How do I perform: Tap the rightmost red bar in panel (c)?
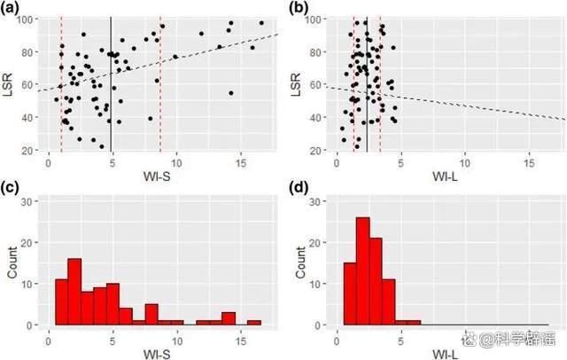[254, 323]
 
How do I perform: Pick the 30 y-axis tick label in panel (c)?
[28, 201]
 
